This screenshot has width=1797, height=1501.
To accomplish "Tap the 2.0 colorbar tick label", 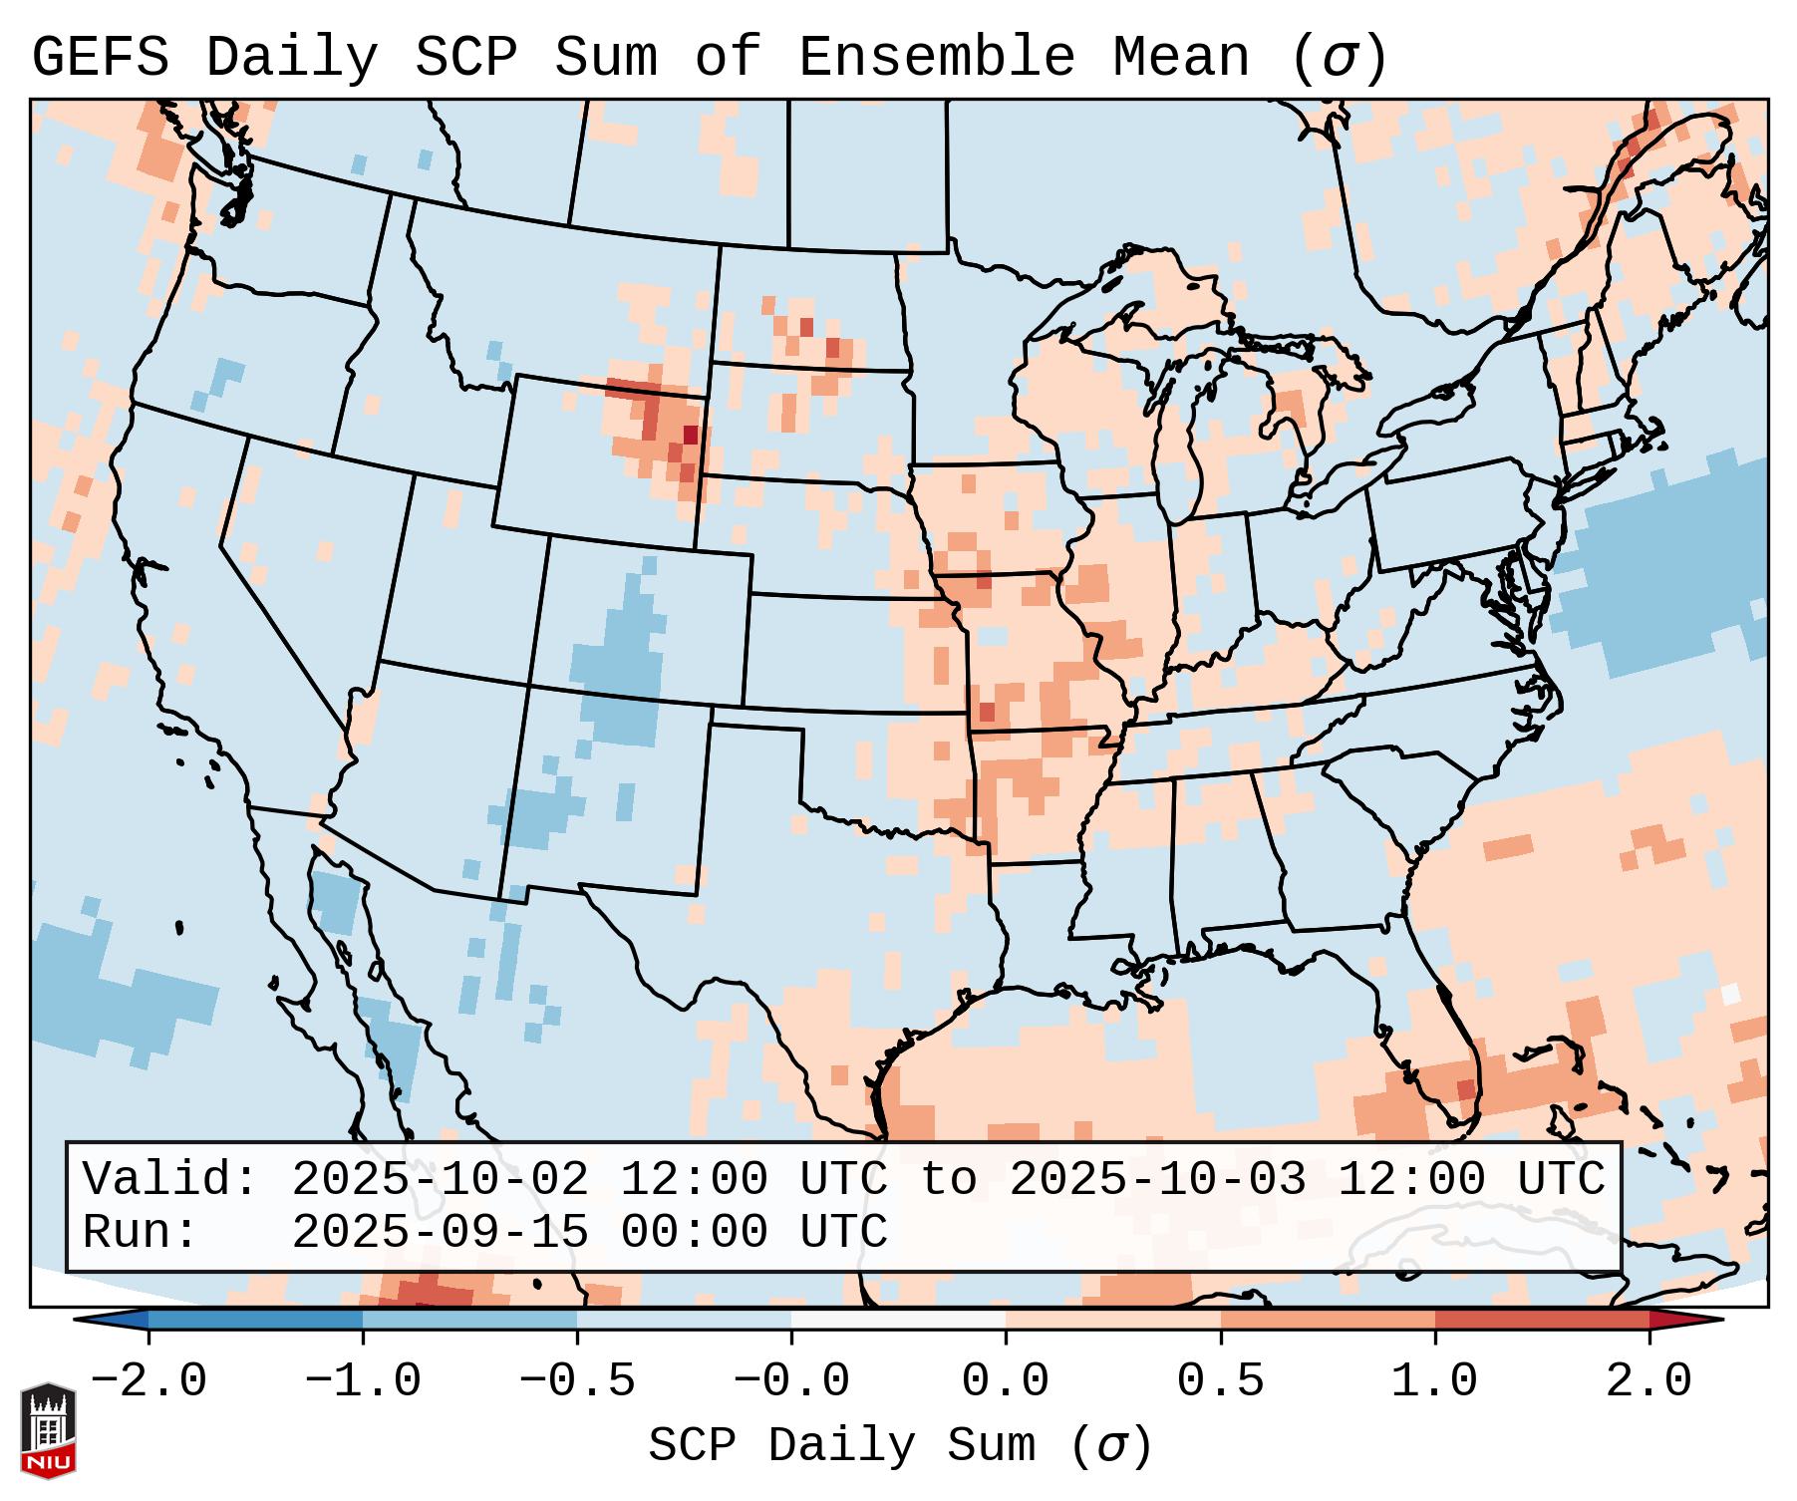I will coord(1648,1381).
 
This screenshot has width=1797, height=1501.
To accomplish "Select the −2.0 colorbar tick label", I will coord(149,1381).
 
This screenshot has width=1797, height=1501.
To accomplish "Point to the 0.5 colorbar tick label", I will coord(1220,1381).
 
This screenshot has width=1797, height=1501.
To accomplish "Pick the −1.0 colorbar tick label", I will coord(363,1381).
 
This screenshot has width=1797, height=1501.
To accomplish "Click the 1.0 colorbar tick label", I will coord(1434,1381).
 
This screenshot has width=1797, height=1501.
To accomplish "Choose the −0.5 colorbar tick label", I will coord(577,1381).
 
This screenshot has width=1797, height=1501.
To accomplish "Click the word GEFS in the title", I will coord(100,58).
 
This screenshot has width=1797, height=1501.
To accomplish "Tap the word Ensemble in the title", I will coord(937,58).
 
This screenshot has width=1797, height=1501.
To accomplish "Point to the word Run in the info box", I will coord(140,1232).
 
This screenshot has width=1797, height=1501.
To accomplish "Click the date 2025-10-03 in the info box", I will coord(1157,1180).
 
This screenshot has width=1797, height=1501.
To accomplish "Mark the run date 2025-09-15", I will coord(440,1232).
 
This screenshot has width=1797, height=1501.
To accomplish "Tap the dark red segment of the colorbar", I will coord(1542,1320).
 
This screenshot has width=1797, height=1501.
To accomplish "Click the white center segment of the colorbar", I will coord(898,1320).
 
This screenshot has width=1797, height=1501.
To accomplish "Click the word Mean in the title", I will coord(1181,58).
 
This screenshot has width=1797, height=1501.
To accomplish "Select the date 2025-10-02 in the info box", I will coord(440,1180).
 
